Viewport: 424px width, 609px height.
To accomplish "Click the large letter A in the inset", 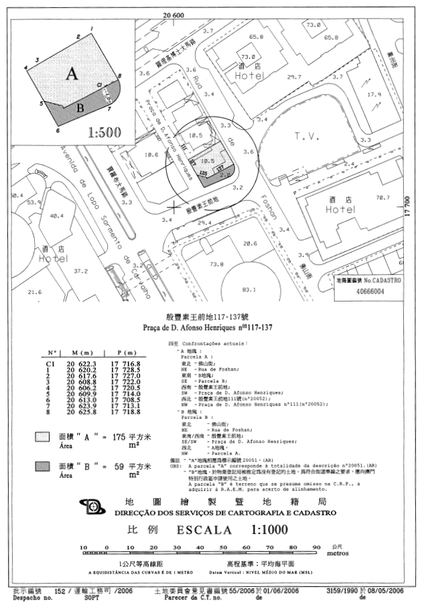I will (70, 74).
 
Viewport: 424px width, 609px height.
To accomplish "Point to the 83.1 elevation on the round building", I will (249, 289).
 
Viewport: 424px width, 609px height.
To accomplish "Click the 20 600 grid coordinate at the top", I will (173, 15).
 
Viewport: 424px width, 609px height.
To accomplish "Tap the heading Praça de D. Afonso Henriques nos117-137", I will (212, 327).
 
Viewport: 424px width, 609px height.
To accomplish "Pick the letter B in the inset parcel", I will (80, 107).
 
